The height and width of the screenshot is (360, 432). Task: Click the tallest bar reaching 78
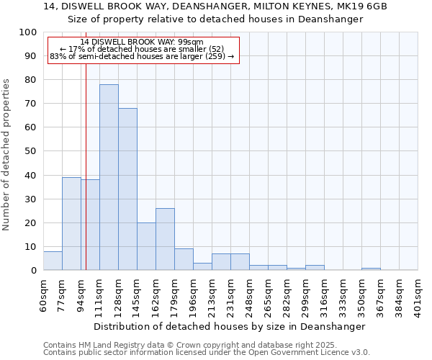pyautogui.click(x=109, y=177)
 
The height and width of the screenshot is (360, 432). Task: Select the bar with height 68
pyautogui.click(x=127, y=189)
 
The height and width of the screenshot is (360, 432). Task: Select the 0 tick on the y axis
pyautogui.click(x=33, y=270)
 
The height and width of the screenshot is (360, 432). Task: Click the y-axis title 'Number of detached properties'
pyautogui.click(x=6, y=154)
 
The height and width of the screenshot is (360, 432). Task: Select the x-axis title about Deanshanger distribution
pyautogui.click(x=230, y=326)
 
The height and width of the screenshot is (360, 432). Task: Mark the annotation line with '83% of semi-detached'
pyautogui.click(x=142, y=56)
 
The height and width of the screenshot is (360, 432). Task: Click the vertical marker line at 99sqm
pyautogui.click(x=86, y=166)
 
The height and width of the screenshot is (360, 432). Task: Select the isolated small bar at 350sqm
pyautogui.click(x=371, y=269)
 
